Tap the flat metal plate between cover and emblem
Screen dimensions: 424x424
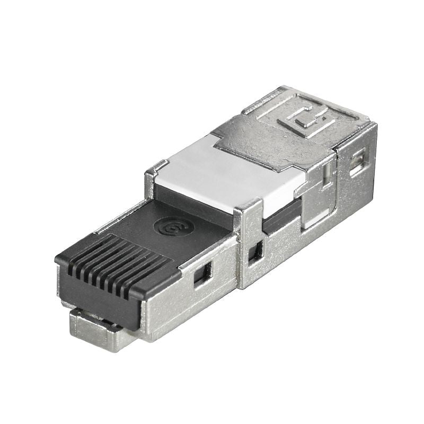[249, 138]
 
